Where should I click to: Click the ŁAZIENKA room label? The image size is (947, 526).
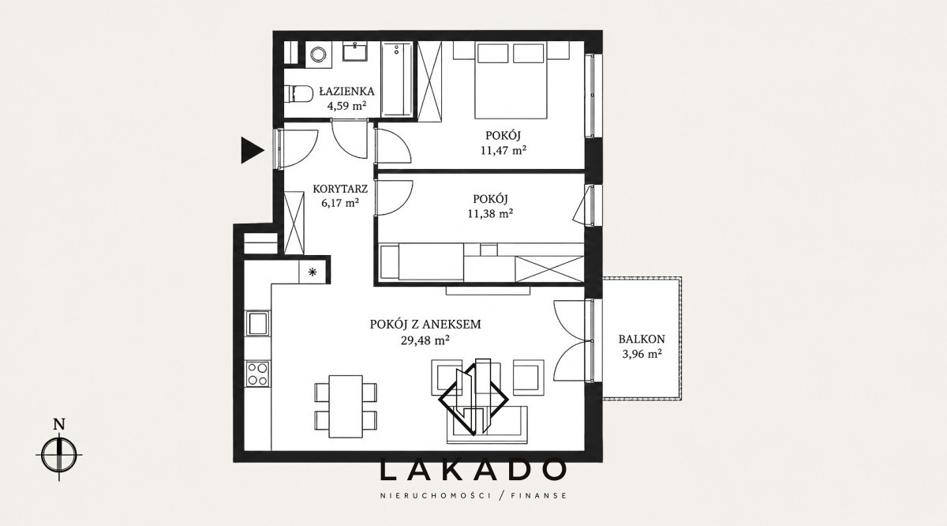(346, 91)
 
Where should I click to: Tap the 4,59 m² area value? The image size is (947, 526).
(346, 106)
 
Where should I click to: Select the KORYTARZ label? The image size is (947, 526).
(340, 189)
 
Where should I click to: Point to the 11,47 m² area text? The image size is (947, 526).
(503, 150)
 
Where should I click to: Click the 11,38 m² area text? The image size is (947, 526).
(490, 214)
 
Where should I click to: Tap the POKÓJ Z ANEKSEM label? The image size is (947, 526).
(425, 325)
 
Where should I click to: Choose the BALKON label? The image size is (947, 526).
(642, 339)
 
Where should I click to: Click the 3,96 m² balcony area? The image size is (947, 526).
(642, 354)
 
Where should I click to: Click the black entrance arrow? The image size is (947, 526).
(252, 150)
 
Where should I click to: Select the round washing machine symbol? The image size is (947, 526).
(318, 54)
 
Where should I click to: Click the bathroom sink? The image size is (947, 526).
(354, 51)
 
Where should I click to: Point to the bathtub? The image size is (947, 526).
(396, 79)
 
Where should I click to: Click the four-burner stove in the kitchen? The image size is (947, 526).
(258, 374)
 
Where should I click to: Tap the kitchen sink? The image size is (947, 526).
(258, 323)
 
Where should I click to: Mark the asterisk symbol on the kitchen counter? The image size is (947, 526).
(313, 272)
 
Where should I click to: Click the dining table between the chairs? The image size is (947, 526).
(346, 407)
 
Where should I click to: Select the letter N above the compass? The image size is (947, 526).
(59, 424)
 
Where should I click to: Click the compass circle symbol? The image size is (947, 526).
(59, 456)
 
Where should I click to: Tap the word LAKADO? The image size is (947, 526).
(473, 470)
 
